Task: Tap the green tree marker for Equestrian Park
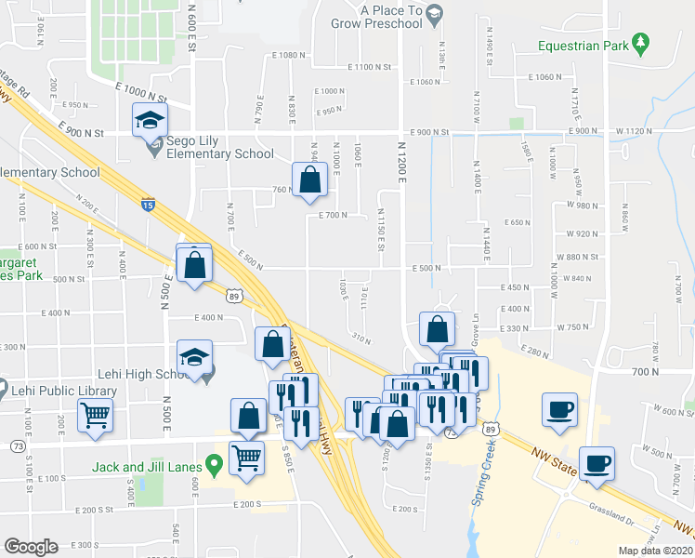click(x=640, y=42)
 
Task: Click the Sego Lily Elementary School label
click(x=220, y=148)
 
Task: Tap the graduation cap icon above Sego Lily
click(x=149, y=121)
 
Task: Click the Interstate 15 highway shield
click(x=148, y=202)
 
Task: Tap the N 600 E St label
click(x=192, y=20)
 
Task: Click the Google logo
click(x=31, y=547)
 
